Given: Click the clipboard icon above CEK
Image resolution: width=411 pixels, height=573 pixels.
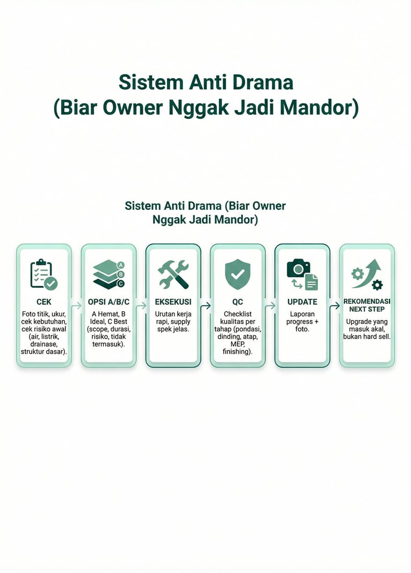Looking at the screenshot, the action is pyautogui.click(x=43, y=274).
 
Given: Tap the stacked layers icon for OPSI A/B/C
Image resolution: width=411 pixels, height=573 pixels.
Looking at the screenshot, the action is pyautogui.click(x=108, y=274).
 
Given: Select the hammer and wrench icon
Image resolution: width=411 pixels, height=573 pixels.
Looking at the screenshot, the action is pyautogui.click(x=173, y=274).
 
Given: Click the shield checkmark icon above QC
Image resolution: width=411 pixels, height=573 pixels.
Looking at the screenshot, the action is pyautogui.click(x=238, y=274).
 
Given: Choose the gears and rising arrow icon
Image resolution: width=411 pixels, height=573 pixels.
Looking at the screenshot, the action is pyautogui.click(x=367, y=274).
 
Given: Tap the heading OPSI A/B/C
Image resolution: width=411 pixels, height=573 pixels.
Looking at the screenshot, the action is pyautogui.click(x=108, y=302).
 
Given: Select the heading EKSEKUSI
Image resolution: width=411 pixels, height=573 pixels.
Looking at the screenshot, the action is pyautogui.click(x=173, y=302).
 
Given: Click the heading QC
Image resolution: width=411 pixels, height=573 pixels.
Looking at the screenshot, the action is pyautogui.click(x=238, y=302).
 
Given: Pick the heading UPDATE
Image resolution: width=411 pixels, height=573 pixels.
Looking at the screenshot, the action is pyautogui.click(x=302, y=302).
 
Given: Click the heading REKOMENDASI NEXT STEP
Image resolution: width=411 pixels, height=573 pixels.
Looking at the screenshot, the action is pyautogui.click(x=367, y=305).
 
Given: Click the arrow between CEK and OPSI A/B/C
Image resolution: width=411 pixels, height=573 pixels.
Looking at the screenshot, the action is pyautogui.click(x=76, y=306).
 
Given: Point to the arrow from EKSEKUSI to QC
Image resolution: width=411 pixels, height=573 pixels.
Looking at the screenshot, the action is pyautogui.click(x=205, y=306).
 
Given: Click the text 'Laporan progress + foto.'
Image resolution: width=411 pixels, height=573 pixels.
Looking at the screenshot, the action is pyautogui.click(x=302, y=322).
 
